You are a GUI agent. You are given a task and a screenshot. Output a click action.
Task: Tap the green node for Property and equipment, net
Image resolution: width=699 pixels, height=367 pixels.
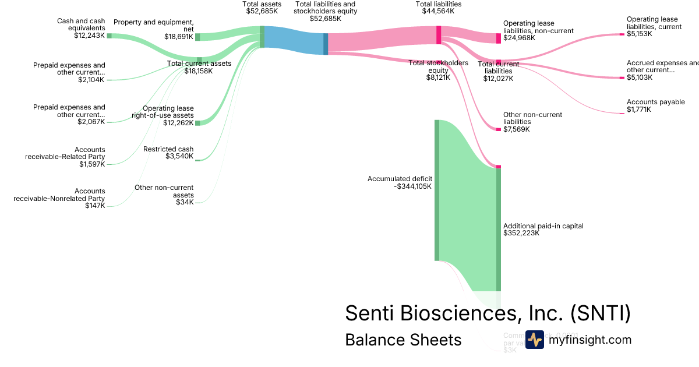click(197, 37)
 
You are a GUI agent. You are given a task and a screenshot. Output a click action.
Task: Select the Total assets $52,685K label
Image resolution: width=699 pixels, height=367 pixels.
click(262, 8)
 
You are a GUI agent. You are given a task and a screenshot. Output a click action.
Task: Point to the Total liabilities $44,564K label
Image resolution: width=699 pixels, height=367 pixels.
click(438, 8)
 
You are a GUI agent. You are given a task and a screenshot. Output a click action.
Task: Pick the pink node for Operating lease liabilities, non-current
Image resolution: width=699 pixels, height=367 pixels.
click(499, 38)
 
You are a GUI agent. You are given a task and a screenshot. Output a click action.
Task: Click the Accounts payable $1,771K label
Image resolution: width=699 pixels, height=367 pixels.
click(648, 105)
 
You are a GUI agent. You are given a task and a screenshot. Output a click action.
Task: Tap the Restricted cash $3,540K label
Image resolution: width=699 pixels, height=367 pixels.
click(168, 153)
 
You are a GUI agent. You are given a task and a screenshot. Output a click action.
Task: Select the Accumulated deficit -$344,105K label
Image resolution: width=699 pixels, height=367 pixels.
click(400, 182)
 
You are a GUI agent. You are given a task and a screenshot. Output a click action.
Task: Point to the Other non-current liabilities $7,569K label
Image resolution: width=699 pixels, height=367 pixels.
click(532, 122)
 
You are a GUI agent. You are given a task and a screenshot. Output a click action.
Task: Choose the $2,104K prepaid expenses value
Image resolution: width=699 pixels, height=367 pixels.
click(91, 80)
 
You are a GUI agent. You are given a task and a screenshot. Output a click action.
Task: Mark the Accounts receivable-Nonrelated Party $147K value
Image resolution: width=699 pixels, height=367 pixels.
click(95, 206)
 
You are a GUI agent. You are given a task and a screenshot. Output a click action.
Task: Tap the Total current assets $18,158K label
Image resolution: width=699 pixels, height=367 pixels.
click(199, 67)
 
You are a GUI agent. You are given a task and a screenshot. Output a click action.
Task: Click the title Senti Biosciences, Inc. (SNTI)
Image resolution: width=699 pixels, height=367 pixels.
click(488, 313)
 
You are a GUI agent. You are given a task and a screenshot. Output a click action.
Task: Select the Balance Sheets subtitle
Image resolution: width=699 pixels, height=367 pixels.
click(403, 340)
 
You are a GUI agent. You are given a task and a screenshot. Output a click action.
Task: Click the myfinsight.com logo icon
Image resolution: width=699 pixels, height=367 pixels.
click(534, 340)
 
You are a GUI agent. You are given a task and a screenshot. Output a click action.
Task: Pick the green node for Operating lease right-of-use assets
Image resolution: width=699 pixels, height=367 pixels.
click(197, 122)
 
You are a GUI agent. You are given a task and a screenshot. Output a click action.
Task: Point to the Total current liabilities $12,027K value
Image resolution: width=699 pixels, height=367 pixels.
click(498, 78)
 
